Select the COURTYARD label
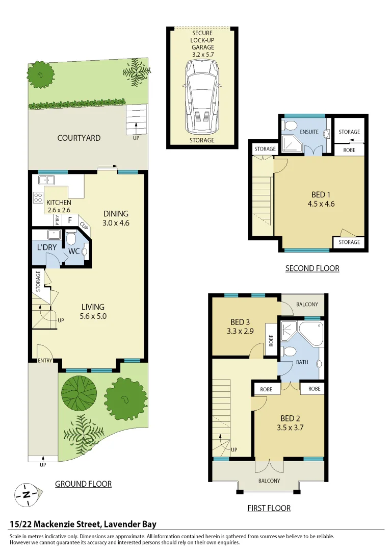pos(79,138)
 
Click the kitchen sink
pos(47,180)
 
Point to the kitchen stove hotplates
pos(38,197)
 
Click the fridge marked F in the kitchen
pos(69,220)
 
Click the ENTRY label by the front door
pos(45,361)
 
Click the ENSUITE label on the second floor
pos(309,132)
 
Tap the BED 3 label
pos(240,322)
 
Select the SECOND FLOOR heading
pos(312,268)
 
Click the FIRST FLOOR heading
pos(269,508)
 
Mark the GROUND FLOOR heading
pos(83,484)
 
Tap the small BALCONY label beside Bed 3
pos(307,305)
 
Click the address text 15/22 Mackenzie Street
pos(83,524)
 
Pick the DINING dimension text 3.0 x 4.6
pos(116,223)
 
